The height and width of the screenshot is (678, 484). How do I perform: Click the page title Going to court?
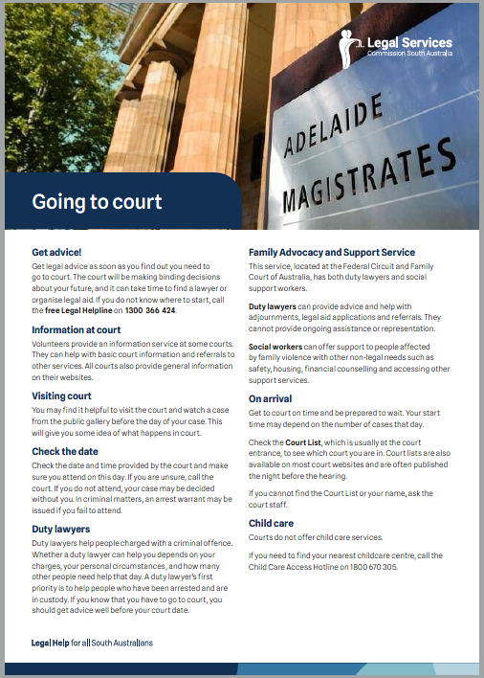[98, 202]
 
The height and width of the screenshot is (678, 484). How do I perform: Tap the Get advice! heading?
[57, 253]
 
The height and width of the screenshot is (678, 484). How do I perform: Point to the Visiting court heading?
[62, 395]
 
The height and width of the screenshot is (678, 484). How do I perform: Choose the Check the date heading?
[67, 452]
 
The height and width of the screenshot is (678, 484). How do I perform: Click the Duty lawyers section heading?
[62, 528]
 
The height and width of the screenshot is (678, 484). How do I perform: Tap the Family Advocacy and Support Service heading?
[332, 253]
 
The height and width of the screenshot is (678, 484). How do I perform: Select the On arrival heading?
[271, 397]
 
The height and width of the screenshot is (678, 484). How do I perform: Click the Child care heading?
[272, 524]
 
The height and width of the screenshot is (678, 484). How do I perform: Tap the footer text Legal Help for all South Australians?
[92, 642]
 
